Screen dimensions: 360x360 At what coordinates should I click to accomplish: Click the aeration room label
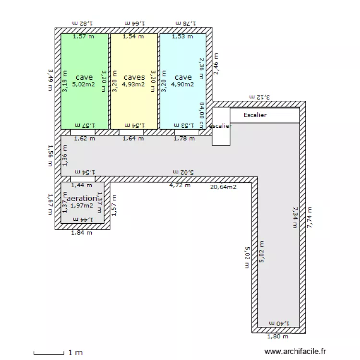[x=82, y=198]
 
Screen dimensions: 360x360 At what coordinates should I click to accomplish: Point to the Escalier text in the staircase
[x=255, y=115]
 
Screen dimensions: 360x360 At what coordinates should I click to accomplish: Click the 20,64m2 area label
[x=223, y=187]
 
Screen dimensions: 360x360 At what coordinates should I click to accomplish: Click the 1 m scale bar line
[x=48, y=354]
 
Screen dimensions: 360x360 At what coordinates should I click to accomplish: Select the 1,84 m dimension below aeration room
[x=82, y=233]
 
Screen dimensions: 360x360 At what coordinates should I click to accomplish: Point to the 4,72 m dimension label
[x=180, y=185]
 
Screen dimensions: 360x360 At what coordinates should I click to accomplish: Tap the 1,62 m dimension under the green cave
[x=84, y=139]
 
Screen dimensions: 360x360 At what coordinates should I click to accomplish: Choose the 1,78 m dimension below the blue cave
[x=184, y=139]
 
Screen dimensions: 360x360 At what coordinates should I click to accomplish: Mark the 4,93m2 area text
[x=133, y=84]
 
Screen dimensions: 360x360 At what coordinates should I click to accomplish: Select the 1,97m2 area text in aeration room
[x=82, y=205]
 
